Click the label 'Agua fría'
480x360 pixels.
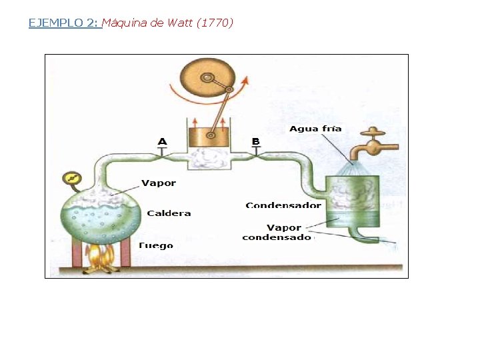315,129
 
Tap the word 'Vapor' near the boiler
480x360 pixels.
159,183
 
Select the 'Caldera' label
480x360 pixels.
169,213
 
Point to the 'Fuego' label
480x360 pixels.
155,245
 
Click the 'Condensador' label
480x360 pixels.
283,205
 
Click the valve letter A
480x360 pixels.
162,141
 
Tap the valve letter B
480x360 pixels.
255,141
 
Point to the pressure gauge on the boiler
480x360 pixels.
70,179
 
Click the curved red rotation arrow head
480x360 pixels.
245,81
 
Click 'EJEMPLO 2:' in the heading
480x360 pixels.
64,23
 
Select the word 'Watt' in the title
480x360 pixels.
180,23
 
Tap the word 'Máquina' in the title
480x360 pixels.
126,23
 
